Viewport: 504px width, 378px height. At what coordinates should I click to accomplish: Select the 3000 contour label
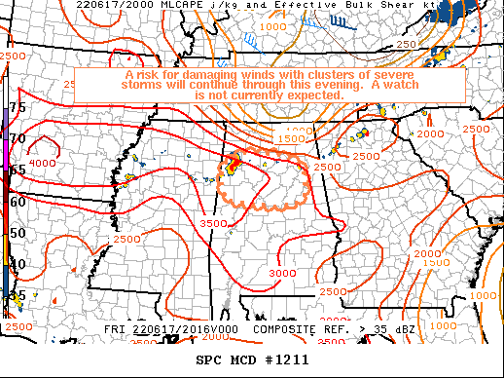point(281,273)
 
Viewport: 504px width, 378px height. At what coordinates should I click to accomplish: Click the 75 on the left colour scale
point(17,107)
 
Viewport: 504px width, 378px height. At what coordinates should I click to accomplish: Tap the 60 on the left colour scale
point(17,202)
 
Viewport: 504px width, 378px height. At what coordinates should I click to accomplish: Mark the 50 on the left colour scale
point(17,234)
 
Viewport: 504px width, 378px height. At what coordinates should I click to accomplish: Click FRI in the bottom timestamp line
point(115,330)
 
